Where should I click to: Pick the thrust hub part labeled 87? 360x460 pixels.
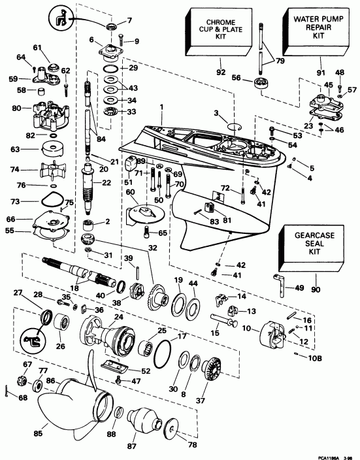[x=148, y=418]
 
